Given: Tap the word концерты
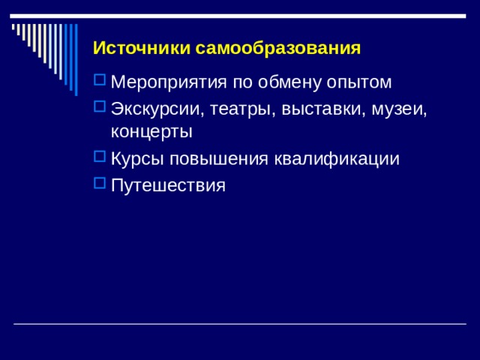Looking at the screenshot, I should pyautogui.click(x=151, y=131).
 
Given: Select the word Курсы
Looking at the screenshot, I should pyautogui.click(x=136, y=159).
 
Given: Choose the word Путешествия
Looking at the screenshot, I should pyautogui.click(x=167, y=184).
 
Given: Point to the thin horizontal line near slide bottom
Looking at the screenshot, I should pyautogui.click(x=240, y=323).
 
